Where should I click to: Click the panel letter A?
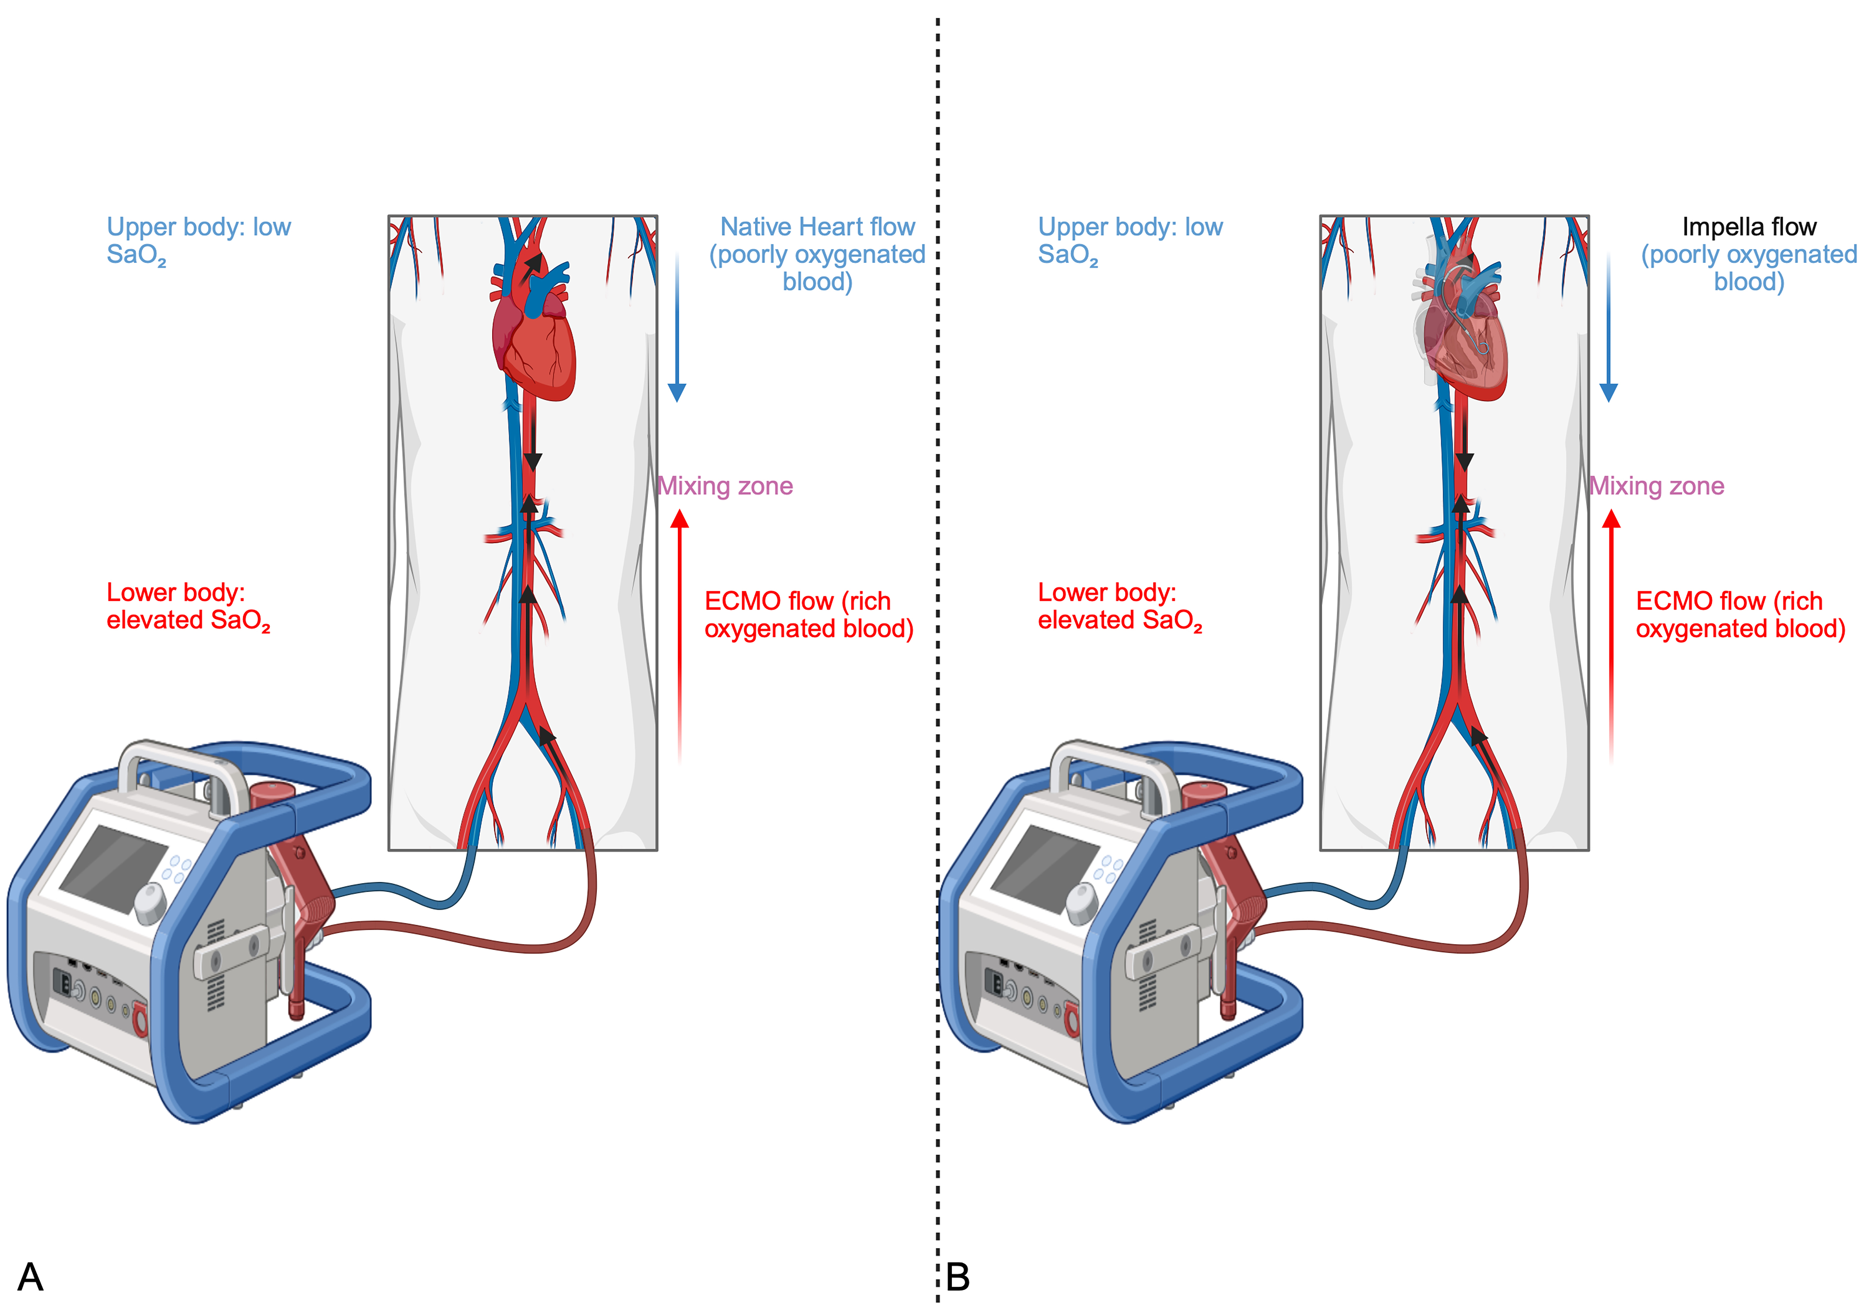coord(30,1276)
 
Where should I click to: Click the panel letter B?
coord(958,1276)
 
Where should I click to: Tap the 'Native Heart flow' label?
coord(817,227)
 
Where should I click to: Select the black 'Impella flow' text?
coord(1749,227)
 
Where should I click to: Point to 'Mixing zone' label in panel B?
coord(1656,486)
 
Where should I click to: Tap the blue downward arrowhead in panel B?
coord(1609,392)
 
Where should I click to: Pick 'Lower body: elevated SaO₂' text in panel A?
coord(187,606)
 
